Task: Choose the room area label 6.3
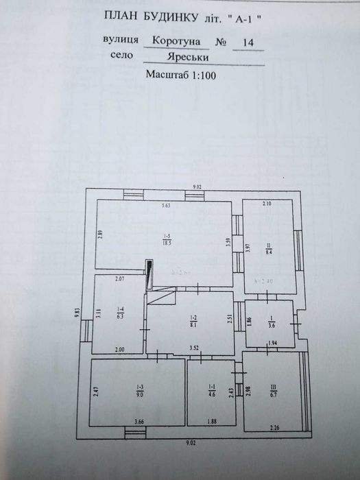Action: (120, 317)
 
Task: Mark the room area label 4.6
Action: (211, 394)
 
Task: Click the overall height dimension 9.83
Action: (77, 314)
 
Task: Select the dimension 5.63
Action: (165, 206)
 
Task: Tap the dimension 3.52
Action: (194, 349)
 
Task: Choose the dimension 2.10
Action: (267, 204)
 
